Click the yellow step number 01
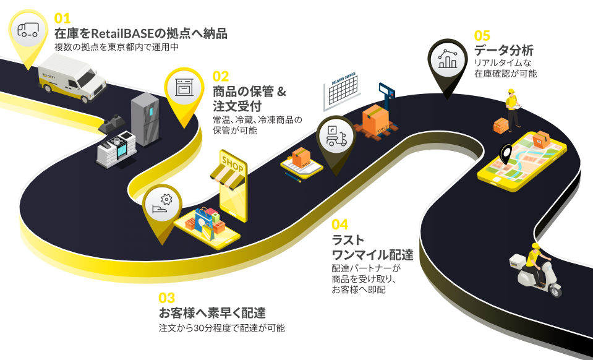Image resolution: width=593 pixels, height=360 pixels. click(x=62, y=18)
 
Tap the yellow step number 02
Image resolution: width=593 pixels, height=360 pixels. click(x=221, y=77)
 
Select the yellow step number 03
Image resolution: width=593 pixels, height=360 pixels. click(x=167, y=298)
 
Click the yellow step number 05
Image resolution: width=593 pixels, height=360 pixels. click(x=482, y=35)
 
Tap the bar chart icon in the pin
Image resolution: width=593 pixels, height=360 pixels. click(x=446, y=59)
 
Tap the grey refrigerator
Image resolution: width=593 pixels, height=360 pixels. click(x=145, y=119)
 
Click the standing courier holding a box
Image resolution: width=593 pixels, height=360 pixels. click(x=512, y=108)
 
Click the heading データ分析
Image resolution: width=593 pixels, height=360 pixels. click(x=503, y=51)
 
